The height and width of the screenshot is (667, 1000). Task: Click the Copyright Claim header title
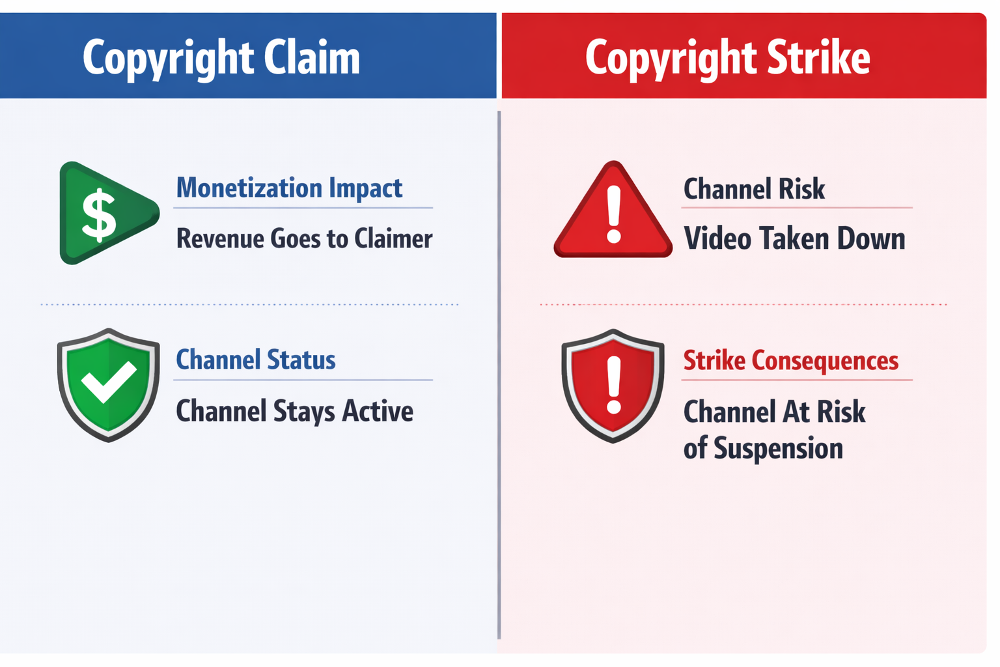click(221, 57)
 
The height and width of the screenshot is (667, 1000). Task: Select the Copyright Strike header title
click(727, 57)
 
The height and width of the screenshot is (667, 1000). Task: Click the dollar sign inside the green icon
click(98, 215)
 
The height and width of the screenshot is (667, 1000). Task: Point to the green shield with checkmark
click(108, 384)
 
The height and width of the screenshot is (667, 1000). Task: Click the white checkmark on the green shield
click(108, 381)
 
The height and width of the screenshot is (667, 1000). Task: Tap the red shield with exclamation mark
click(613, 386)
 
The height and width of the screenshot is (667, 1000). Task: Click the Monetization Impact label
click(289, 188)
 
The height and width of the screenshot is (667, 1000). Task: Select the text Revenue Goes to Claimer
click(304, 238)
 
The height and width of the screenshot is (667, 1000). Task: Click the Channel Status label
click(256, 360)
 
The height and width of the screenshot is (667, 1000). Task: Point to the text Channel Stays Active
click(294, 412)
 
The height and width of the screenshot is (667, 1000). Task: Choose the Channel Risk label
click(754, 189)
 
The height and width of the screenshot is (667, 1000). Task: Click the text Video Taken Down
click(794, 238)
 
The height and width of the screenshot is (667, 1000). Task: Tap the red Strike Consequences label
click(790, 360)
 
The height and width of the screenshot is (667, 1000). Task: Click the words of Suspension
click(763, 449)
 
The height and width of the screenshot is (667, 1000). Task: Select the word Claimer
click(393, 238)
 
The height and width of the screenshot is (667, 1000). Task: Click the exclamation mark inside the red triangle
click(613, 214)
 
